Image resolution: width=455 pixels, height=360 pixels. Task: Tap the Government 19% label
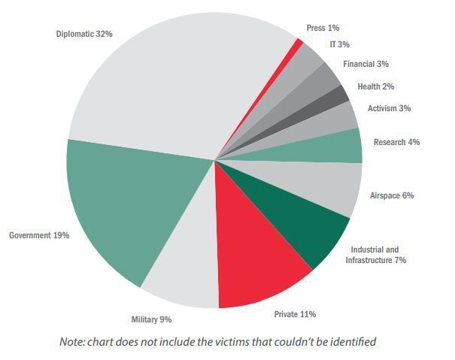39,235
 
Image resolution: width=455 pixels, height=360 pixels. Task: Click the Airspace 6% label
392,195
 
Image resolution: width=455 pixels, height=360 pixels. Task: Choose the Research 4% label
396,142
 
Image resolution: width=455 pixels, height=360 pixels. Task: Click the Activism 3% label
389,108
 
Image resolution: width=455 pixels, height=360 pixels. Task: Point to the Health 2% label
375,86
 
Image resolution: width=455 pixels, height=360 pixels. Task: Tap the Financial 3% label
366,64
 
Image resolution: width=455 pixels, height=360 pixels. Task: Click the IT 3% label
339,44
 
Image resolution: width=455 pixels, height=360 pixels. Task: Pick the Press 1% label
323,28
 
